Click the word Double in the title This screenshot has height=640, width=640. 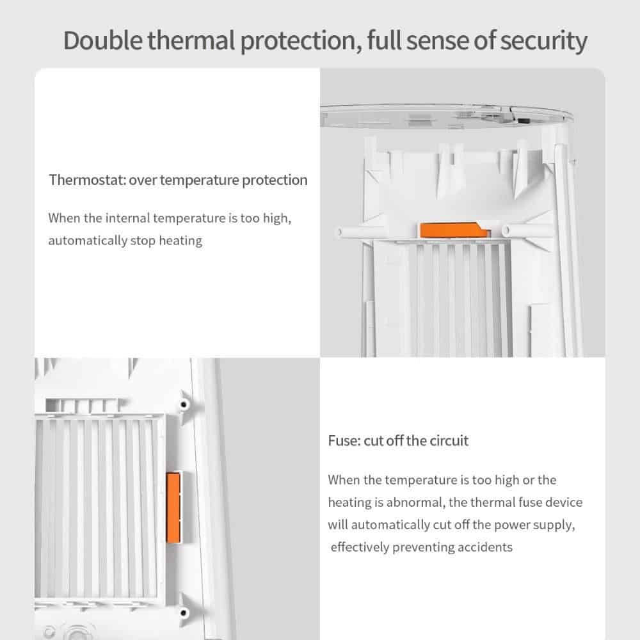[103, 40]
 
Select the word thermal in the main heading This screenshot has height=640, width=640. [191, 40]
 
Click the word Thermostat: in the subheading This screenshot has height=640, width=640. [87, 180]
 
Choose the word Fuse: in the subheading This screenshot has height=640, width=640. [344, 441]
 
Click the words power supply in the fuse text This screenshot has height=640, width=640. [534, 525]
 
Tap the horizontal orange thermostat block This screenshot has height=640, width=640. [455, 230]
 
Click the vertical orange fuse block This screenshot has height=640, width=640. [173, 508]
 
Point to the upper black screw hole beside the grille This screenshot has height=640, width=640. [184, 405]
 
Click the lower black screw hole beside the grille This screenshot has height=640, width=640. [184, 612]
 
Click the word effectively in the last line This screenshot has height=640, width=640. [359, 547]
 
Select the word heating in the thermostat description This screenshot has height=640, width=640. [180, 241]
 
